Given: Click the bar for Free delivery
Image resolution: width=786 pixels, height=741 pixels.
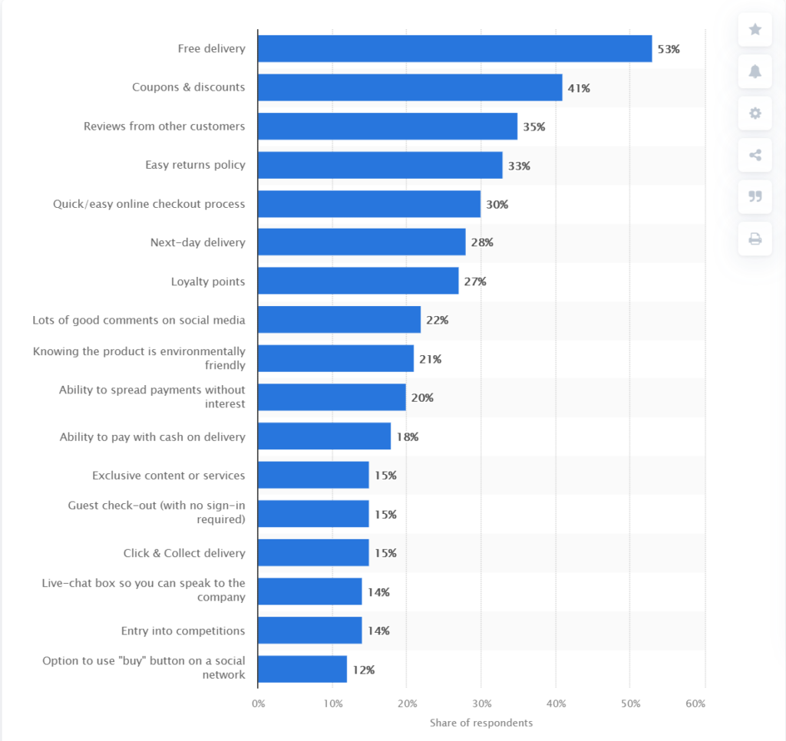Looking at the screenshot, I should point(454,48).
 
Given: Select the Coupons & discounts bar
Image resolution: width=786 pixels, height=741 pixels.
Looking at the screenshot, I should point(410,87).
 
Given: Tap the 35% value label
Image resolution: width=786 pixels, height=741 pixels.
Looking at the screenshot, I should point(533,127).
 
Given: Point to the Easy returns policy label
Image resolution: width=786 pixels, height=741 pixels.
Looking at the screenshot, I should point(195,165).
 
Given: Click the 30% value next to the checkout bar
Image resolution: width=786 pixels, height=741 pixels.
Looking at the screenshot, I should point(497,205).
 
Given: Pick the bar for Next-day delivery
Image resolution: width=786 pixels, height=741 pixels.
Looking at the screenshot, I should point(362,242).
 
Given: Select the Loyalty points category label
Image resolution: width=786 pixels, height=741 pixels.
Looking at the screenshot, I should point(208,282).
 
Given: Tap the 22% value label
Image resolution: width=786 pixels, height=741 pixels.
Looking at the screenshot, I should point(437,321).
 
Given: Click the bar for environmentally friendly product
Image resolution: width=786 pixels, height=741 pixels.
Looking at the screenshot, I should point(335,359).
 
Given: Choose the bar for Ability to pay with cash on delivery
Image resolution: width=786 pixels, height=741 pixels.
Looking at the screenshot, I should point(324,436).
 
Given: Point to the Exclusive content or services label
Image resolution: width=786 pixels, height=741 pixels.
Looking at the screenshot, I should point(168,476).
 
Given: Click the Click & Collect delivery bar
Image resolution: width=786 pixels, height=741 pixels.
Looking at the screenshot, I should point(313,553).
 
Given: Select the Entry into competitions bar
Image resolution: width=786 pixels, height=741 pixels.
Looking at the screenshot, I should point(309,631).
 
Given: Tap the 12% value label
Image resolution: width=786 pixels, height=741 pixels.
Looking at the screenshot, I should point(363,670).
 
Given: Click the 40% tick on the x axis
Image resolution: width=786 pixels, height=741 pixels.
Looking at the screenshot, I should point(556,704).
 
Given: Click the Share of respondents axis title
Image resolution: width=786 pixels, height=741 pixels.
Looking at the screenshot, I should point(481,723).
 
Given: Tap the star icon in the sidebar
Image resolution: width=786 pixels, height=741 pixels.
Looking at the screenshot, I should point(755,29).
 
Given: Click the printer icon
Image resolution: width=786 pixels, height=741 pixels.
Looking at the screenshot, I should point(755,239).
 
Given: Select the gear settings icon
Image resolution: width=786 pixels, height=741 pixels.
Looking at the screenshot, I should point(755,114).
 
